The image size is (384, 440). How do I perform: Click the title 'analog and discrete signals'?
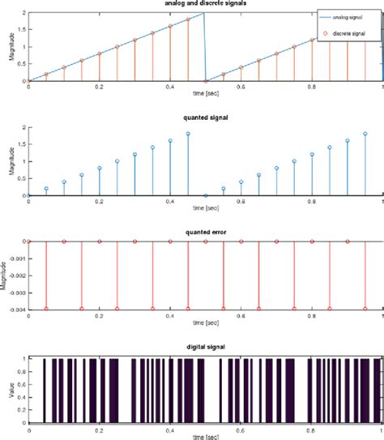205,4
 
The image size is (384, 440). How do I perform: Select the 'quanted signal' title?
205,118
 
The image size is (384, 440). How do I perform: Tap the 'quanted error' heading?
205,233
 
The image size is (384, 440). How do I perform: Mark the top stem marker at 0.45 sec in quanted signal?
188,134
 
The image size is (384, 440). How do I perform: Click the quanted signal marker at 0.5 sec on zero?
206,195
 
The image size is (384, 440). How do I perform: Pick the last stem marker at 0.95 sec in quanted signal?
365,134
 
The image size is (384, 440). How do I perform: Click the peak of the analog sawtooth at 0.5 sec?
204,13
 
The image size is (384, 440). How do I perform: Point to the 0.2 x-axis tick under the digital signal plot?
99,429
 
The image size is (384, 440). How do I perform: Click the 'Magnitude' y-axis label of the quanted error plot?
5,275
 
